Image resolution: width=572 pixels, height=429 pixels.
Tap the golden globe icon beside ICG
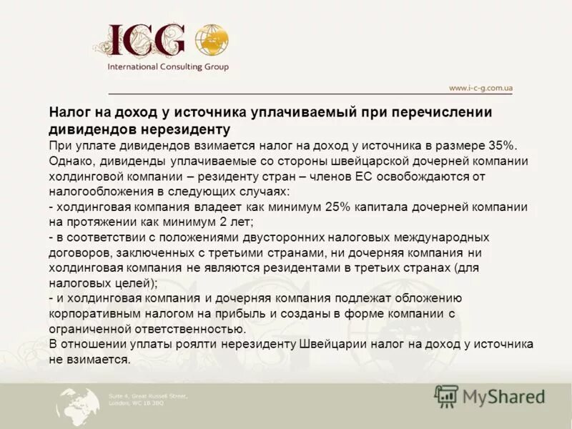click(212, 41)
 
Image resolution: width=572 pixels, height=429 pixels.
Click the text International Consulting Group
click(168, 67)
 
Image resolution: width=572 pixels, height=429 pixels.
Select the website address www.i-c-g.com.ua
click(480, 88)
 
